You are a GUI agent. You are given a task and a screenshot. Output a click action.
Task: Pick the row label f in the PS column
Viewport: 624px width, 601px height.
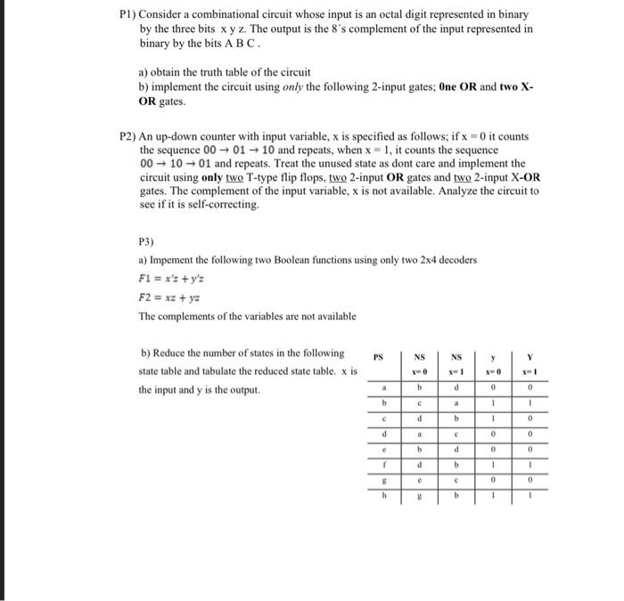coord(383,464)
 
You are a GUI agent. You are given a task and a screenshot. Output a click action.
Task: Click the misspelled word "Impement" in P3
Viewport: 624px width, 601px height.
coord(173,259)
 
